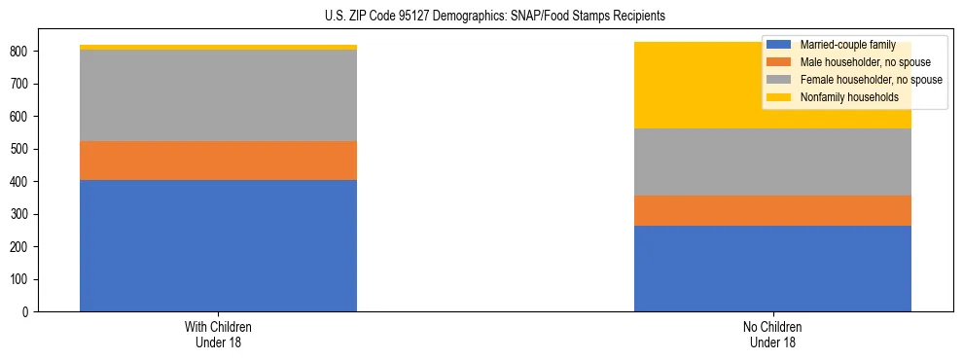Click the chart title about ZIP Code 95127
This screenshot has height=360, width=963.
pyautogui.click(x=495, y=17)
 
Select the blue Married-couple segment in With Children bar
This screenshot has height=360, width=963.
pyautogui.click(x=218, y=245)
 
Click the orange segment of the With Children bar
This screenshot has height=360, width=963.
pyautogui.click(x=218, y=161)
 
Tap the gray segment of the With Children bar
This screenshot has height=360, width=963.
pyautogui.click(x=218, y=95)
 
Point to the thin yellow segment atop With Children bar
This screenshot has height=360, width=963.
pyautogui.click(x=218, y=47)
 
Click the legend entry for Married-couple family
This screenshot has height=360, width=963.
pyautogui.click(x=846, y=45)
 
